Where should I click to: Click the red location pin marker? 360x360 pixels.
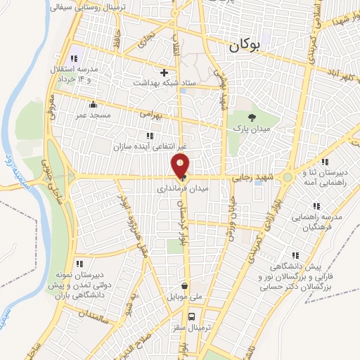click(x=181, y=167)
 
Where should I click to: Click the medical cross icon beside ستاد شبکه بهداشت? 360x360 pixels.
click(x=164, y=72)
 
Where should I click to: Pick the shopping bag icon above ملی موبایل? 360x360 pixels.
click(x=184, y=286)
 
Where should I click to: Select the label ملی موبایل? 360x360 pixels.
click(x=184, y=298)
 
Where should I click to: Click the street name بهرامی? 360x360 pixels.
click(x=150, y=112)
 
